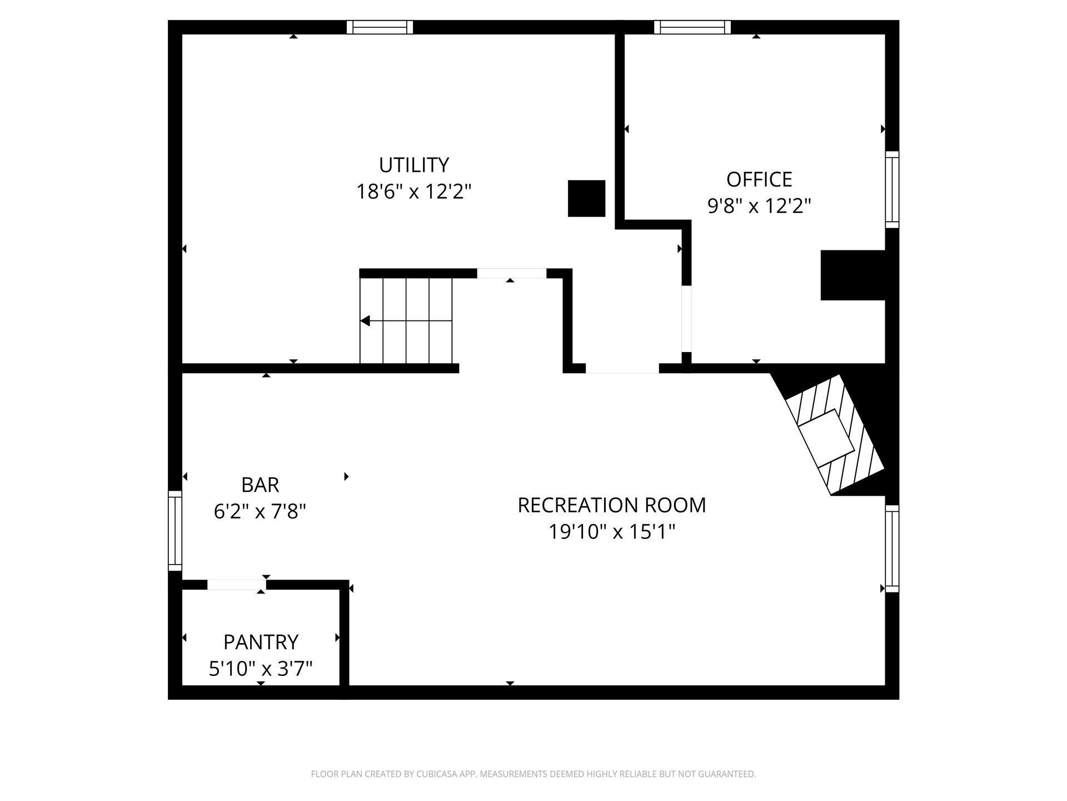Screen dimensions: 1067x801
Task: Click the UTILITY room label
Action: pyautogui.click(x=414, y=165)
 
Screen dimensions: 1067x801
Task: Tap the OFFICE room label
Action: pyautogui.click(x=759, y=179)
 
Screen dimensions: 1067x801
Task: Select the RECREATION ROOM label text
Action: pyautogui.click(x=612, y=505)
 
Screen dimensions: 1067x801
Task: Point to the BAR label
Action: pyautogui.click(x=260, y=485)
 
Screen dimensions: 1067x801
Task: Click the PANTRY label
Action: pyautogui.click(x=261, y=642)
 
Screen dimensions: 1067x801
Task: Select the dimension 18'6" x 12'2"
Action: pyautogui.click(x=414, y=192)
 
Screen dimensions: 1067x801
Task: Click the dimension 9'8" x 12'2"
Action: pyautogui.click(x=759, y=206)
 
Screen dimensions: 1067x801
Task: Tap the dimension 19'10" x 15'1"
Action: pyautogui.click(x=612, y=532)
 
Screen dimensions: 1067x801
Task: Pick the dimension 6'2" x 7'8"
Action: pyautogui.click(x=260, y=512)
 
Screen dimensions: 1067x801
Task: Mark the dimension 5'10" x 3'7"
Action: pyautogui.click(x=261, y=669)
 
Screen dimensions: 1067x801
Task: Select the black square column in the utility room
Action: pyautogui.click(x=586, y=198)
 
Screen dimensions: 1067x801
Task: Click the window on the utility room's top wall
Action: pyautogui.click(x=380, y=27)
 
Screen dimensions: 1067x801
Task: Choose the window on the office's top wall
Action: pyautogui.click(x=692, y=27)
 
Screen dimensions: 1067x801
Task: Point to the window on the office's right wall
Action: pyautogui.click(x=892, y=190)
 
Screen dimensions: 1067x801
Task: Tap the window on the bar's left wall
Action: pyautogui.click(x=175, y=531)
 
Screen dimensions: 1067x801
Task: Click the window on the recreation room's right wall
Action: pyautogui.click(x=892, y=548)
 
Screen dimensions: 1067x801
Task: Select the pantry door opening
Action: pyautogui.click(x=237, y=585)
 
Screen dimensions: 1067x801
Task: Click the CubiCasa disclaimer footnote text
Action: pyautogui.click(x=533, y=774)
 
